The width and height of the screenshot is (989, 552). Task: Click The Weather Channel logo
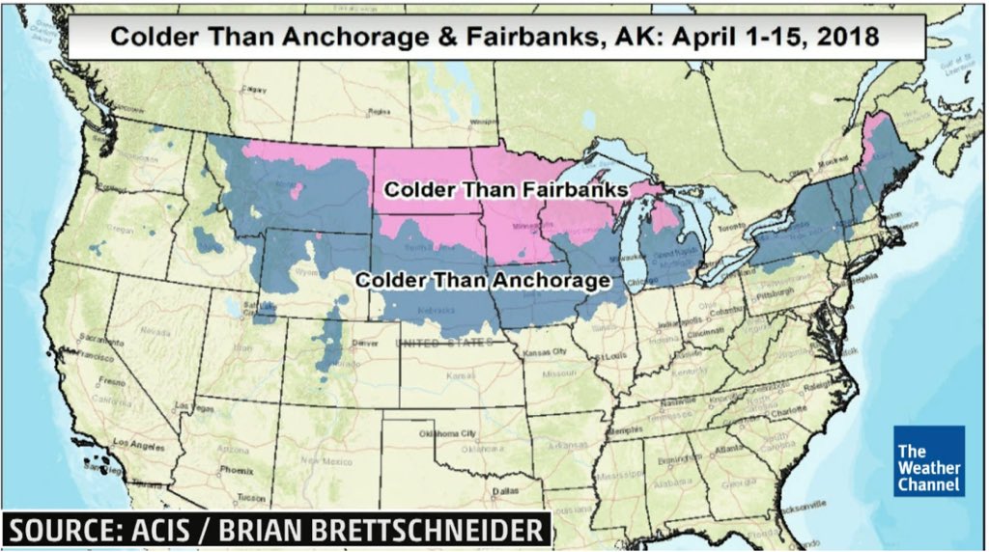928,461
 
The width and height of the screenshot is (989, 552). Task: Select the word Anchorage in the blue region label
551,280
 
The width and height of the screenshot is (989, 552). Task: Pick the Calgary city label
255,89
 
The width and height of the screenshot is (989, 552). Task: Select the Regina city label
378,112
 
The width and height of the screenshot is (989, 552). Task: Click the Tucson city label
250,499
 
